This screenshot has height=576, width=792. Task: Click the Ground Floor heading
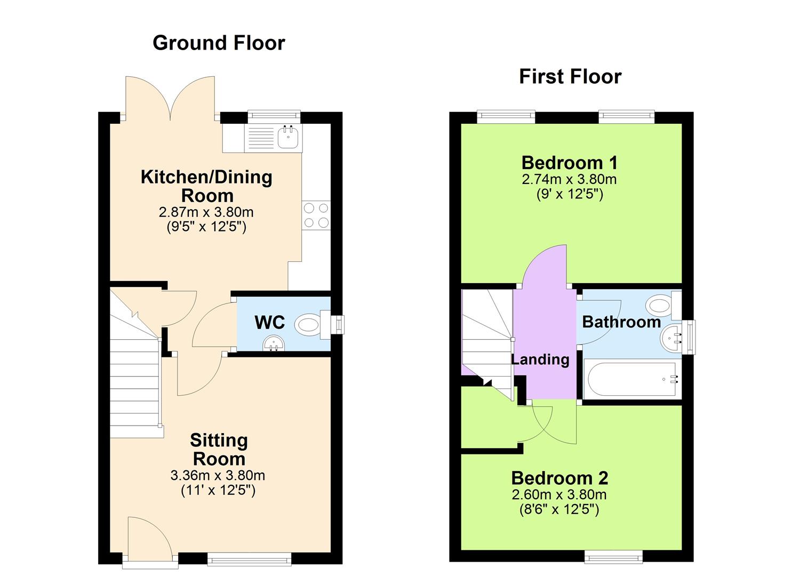click(x=219, y=43)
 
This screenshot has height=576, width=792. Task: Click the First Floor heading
click(x=570, y=77)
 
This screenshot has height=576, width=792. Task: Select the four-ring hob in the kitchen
click(x=316, y=215)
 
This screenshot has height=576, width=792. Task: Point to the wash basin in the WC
click(x=274, y=344)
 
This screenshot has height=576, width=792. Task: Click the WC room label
click(x=269, y=323)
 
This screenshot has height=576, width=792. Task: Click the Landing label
click(x=540, y=359)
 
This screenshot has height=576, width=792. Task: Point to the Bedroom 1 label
click(x=570, y=162)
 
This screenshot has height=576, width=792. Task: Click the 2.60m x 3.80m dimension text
click(x=559, y=495)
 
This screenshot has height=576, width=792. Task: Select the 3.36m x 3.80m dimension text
click(x=218, y=475)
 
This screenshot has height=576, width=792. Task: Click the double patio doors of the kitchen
click(x=170, y=99)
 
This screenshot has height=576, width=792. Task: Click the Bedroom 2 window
click(x=613, y=557)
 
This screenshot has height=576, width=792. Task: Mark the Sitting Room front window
click(x=249, y=558)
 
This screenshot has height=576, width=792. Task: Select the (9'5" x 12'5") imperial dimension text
click(x=206, y=227)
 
